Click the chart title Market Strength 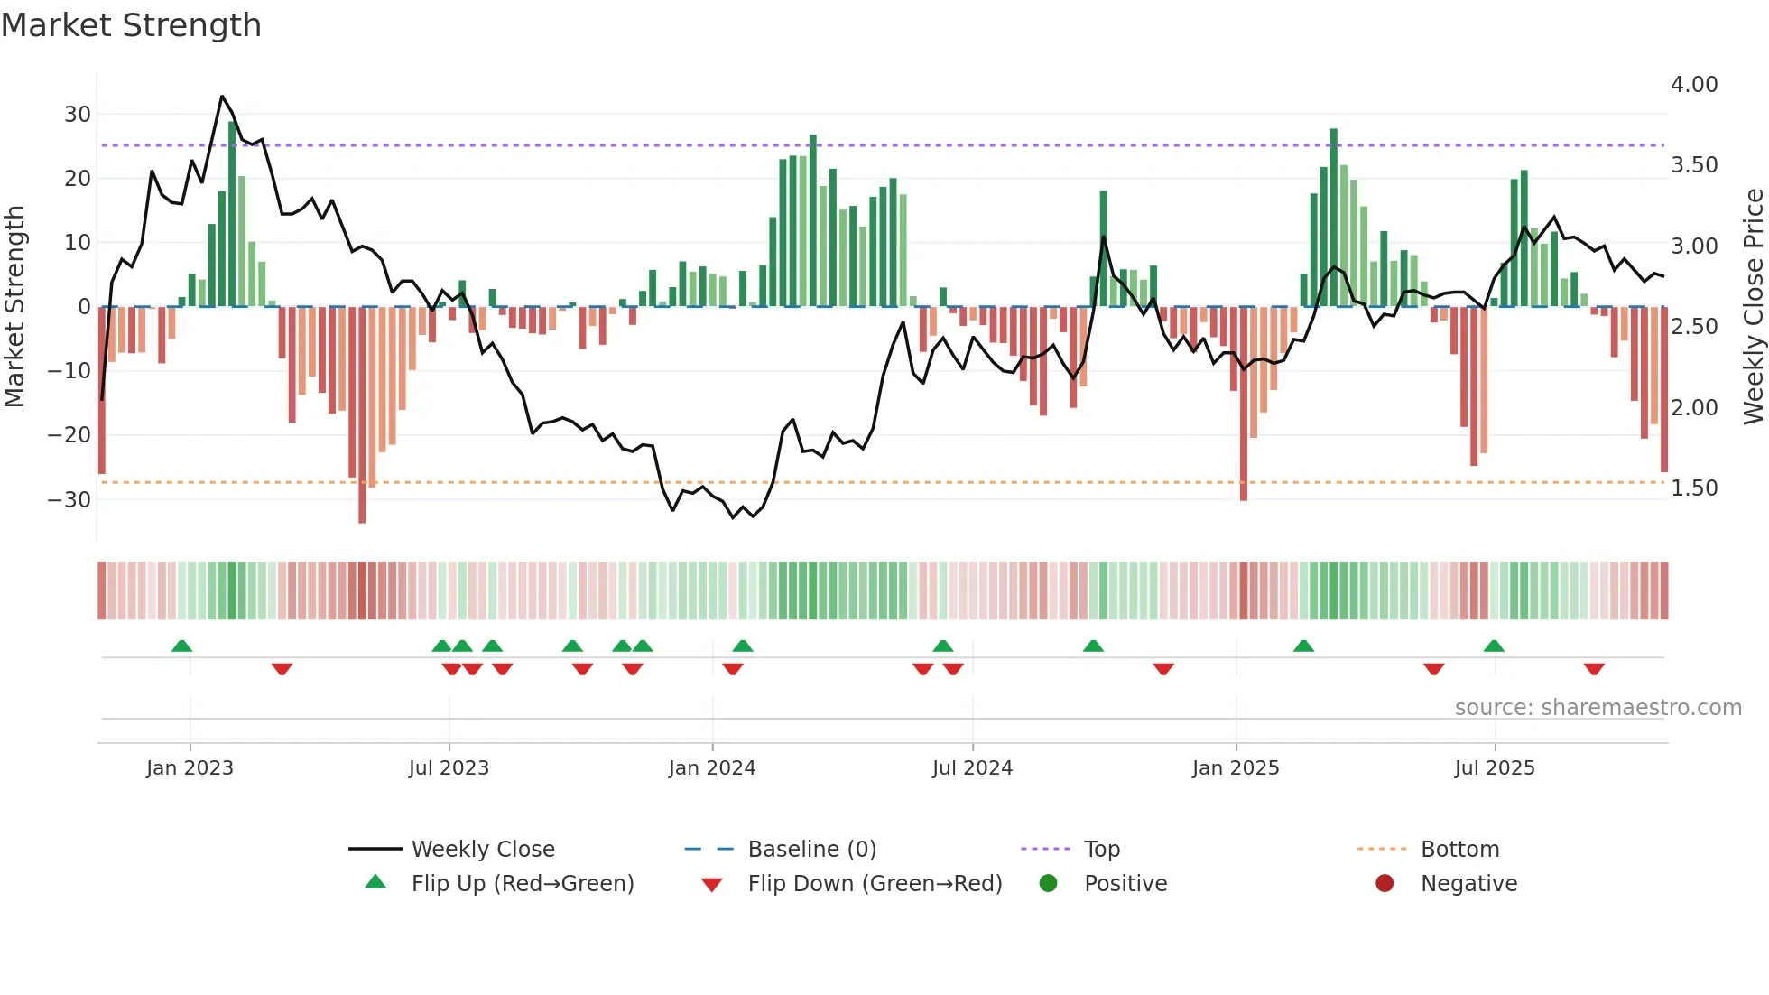point(131,25)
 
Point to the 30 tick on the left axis point(78,115)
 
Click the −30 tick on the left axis point(70,499)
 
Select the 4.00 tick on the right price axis point(1694,85)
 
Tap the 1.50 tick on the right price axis point(1694,488)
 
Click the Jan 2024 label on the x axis point(712,768)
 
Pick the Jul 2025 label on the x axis point(1495,768)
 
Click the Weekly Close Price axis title point(1753,307)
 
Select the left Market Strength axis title point(14,307)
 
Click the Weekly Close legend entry point(483,850)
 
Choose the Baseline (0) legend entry point(811,850)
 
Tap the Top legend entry point(1101,850)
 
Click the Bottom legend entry point(1459,850)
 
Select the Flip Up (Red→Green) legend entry point(523,884)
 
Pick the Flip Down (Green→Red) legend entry point(875,884)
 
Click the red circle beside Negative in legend point(1385,883)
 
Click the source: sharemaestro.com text point(1598,708)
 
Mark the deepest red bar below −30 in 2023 point(362,518)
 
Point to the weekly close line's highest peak point(222,97)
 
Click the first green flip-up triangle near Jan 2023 point(181,646)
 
